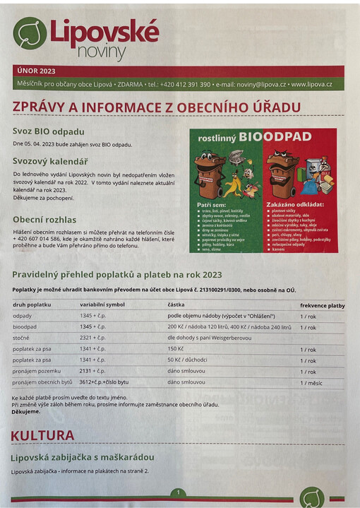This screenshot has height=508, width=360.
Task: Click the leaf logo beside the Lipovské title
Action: [x=30, y=33]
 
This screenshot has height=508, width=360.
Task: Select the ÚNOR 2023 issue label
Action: [x=36, y=71]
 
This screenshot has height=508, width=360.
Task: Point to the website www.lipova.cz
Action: [x=311, y=84]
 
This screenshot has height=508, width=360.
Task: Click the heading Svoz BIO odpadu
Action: [x=49, y=131]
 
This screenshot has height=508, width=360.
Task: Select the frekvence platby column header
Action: [x=322, y=305]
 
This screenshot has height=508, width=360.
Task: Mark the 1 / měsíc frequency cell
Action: [x=311, y=382]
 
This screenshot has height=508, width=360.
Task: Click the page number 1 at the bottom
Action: [x=179, y=492]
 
